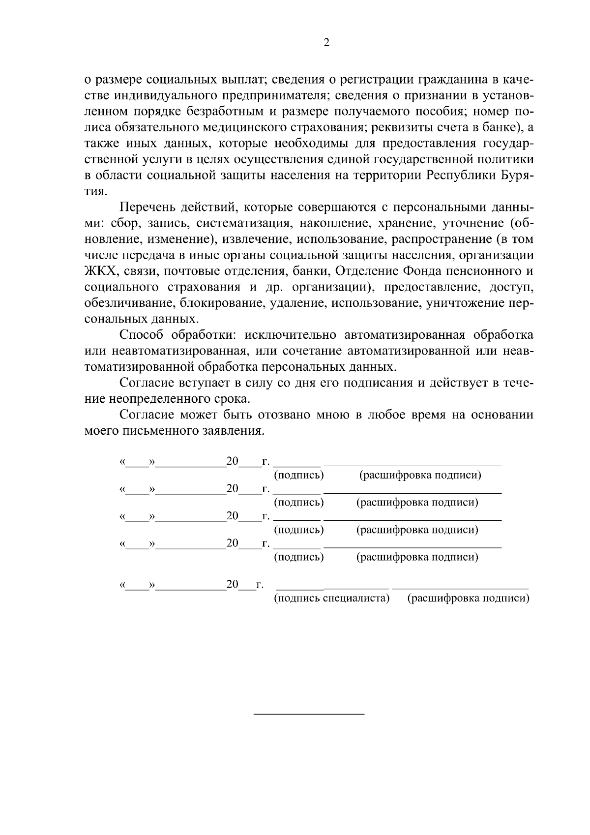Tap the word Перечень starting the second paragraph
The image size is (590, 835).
[x=147, y=208]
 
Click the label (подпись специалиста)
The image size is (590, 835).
[x=331, y=598]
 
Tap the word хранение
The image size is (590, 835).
[x=405, y=224]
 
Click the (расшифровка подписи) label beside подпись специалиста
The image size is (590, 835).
[x=468, y=598]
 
